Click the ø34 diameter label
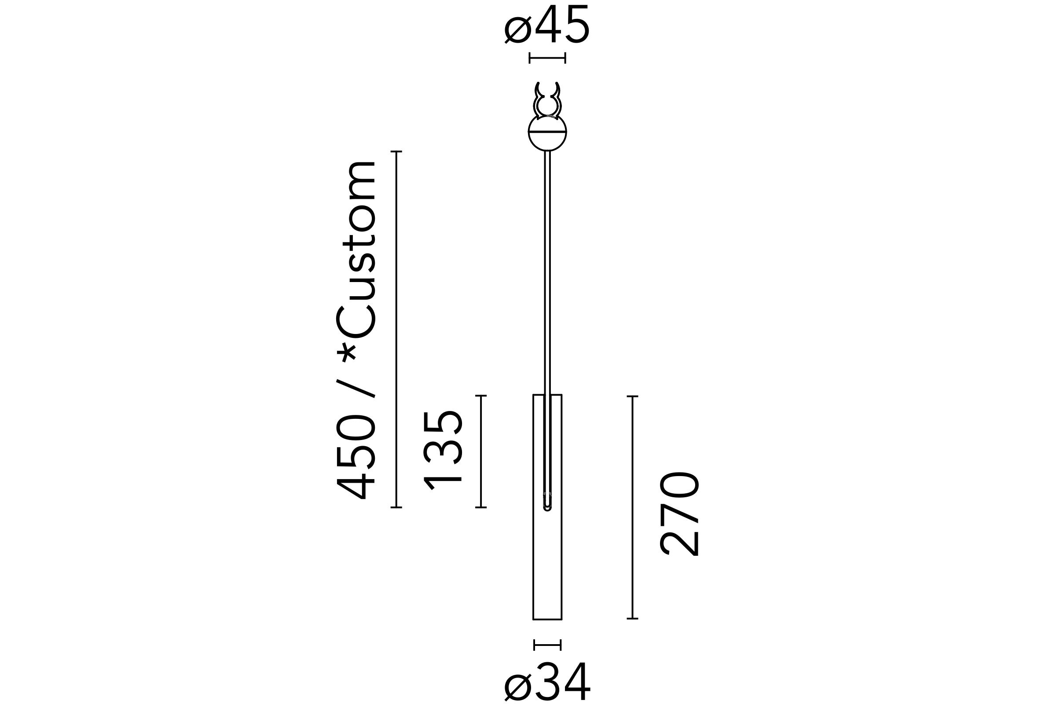(547, 681)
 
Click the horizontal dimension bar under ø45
(547, 58)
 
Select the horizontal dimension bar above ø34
(547, 645)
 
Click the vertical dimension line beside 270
(632, 507)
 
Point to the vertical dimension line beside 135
(481, 451)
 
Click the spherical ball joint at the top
(547, 133)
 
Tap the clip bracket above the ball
(547, 100)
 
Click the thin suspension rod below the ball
(547, 269)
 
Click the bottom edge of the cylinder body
(547, 620)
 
